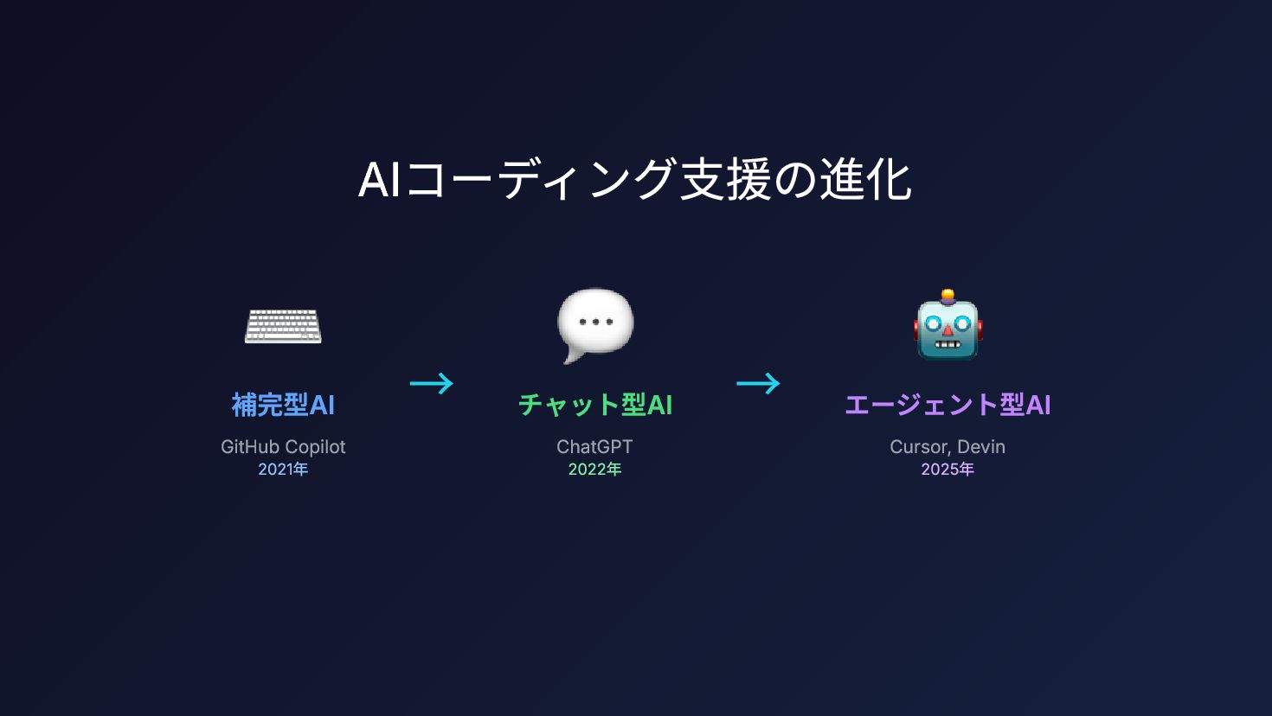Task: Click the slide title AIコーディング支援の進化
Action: [635, 180]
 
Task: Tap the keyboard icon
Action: [283, 327]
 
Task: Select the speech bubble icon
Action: [595, 324]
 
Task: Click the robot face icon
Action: [948, 326]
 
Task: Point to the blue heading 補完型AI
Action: [283, 405]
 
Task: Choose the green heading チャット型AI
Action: [595, 405]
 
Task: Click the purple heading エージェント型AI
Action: [948, 405]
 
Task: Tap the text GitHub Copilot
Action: [283, 447]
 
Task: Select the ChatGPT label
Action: [594, 447]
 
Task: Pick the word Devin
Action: [981, 447]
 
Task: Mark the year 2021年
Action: [283, 470]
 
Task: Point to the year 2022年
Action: [594, 470]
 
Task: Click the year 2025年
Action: [948, 470]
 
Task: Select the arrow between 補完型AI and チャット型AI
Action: [432, 383]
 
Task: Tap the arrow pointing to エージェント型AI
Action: [759, 383]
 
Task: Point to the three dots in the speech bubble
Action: [595, 322]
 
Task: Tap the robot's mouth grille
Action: [948, 343]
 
